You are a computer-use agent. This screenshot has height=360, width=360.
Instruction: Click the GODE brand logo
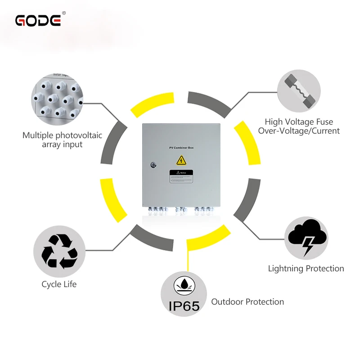click(x=38, y=20)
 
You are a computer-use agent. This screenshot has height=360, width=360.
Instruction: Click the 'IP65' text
click(x=184, y=306)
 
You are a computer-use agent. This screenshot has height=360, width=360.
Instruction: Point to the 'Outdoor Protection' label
click(x=247, y=302)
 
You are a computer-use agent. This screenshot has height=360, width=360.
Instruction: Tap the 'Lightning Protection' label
click(x=306, y=269)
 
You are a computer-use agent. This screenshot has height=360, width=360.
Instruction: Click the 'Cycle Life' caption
click(x=59, y=284)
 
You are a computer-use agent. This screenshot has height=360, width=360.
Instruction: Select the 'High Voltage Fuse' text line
click(x=299, y=121)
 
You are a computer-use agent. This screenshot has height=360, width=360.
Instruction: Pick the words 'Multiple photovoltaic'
click(x=63, y=135)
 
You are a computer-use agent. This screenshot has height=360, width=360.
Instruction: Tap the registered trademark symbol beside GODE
click(x=63, y=13)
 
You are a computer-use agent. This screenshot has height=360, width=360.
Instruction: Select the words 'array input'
click(x=62, y=145)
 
